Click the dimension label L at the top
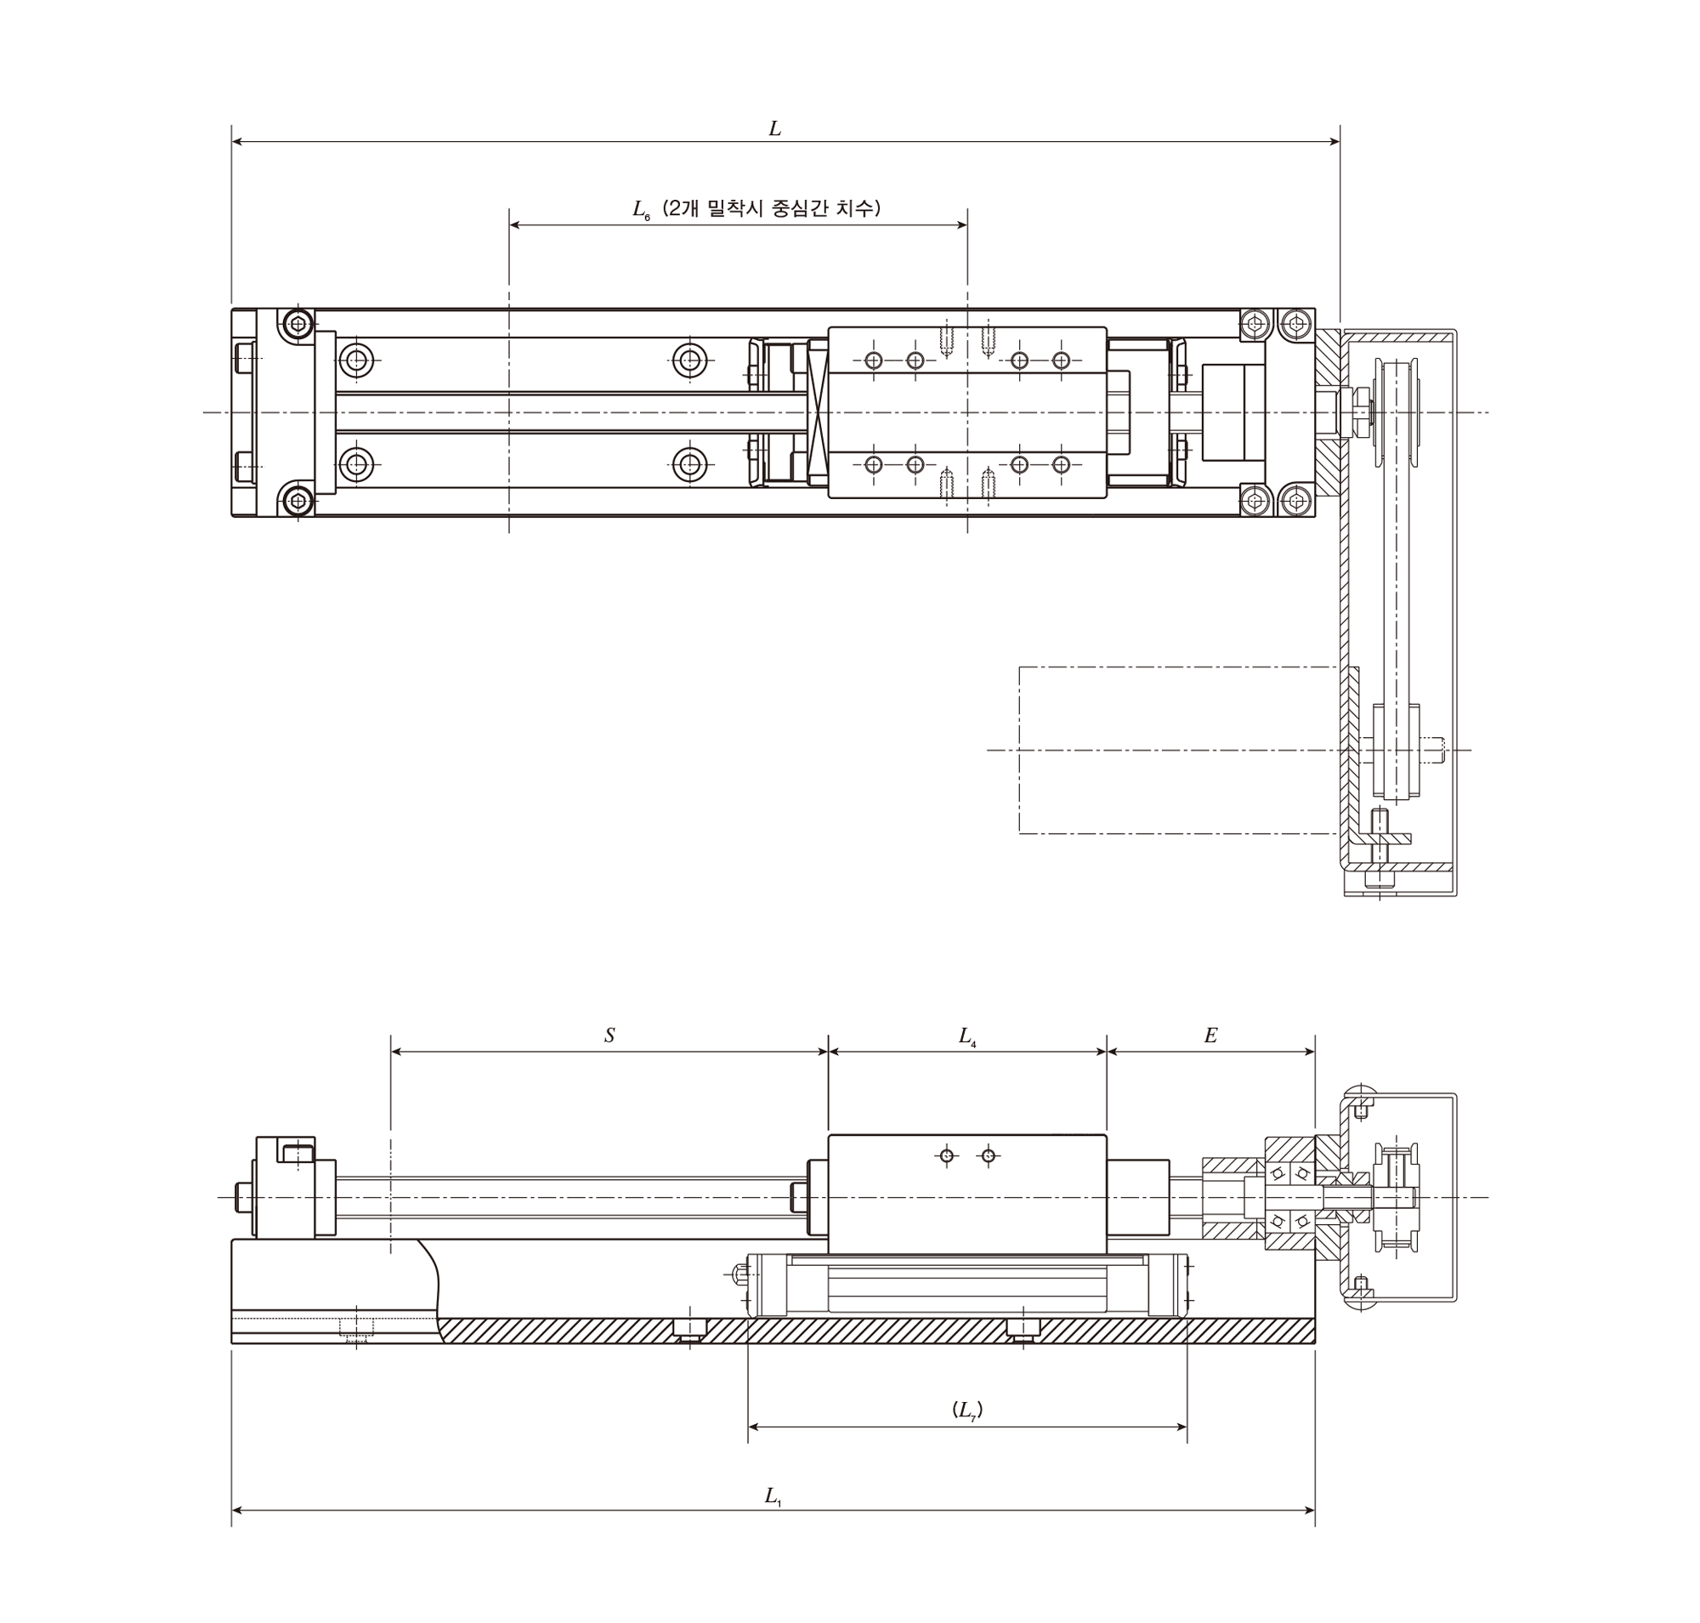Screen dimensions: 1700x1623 tap(774, 129)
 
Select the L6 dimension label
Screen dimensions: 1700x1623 tap(641, 210)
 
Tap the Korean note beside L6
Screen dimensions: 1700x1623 tap(771, 208)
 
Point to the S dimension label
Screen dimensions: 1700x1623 tap(609, 1036)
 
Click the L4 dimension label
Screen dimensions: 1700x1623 tap(967, 1036)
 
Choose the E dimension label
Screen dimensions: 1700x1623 tap(1210, 1036)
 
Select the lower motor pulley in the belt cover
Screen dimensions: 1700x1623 tap(1396, 751)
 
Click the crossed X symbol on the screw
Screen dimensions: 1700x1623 tap(818, 411)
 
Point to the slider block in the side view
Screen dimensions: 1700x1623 tap(967, 1194)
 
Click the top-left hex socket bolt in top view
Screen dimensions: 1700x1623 tap(298, 326)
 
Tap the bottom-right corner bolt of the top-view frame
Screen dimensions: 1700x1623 tap(1295, 499)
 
